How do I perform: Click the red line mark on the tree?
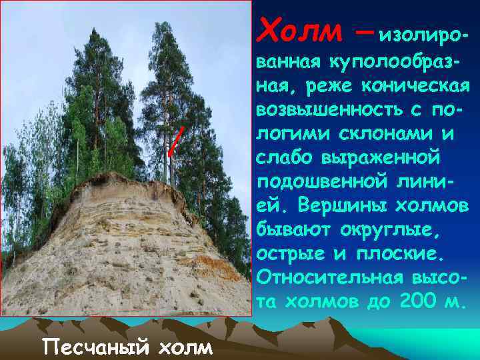[x=175, y=141]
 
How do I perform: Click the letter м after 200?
[x=455, y=301]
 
